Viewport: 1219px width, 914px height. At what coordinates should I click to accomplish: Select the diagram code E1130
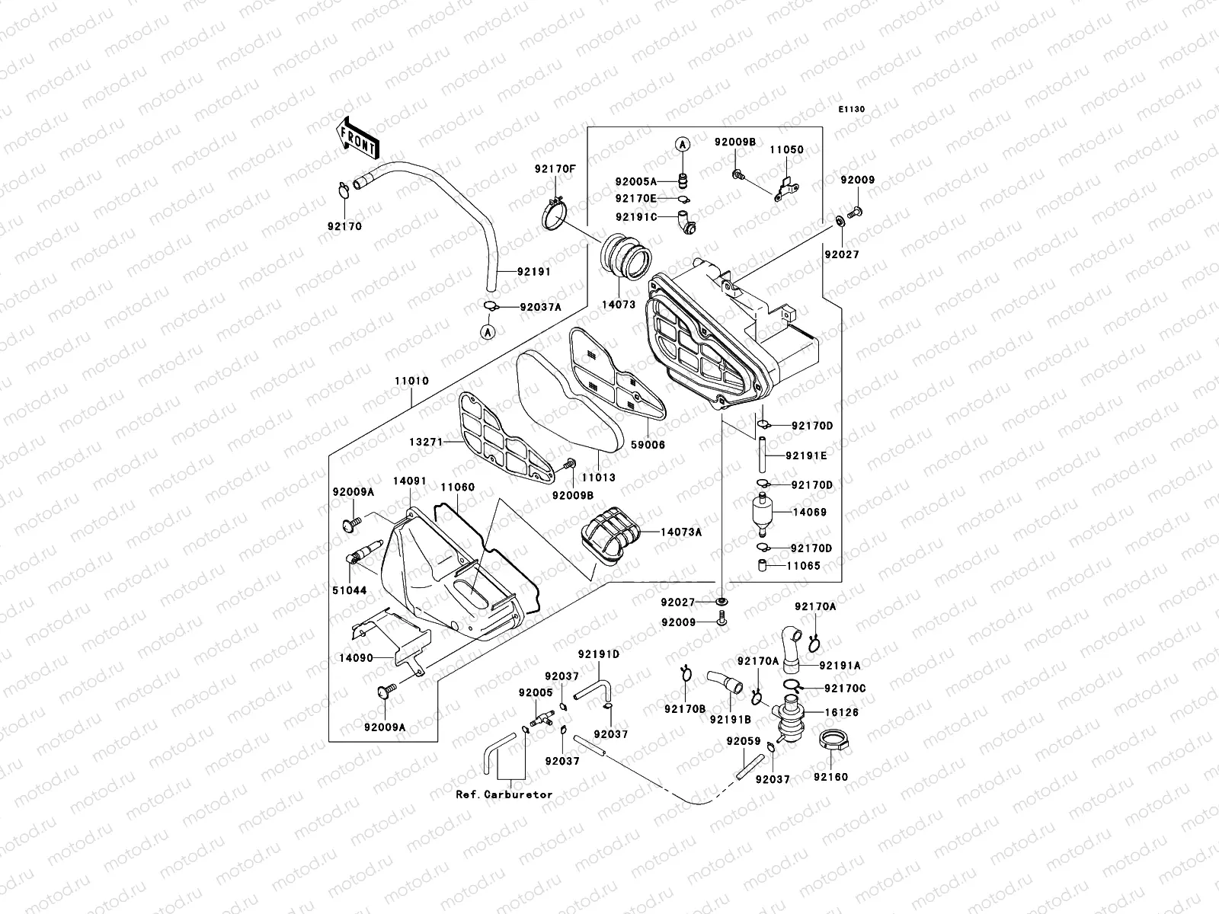(x=852, y=110)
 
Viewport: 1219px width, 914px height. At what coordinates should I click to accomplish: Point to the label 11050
(x=785, y=150)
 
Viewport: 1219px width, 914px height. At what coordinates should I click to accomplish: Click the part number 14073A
(x=681, y=532)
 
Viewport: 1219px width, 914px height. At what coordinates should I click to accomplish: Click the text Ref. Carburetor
(x=504, y=794)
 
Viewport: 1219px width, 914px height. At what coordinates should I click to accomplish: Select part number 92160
(x=830, y=778)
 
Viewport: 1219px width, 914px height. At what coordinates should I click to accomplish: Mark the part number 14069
(x=809, y=513)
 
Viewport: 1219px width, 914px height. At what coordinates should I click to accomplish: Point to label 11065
(x=803, y=566)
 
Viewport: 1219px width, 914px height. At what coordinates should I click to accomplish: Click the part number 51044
(x=347, y=590)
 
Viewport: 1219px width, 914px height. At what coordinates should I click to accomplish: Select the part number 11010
(x=411, y=381)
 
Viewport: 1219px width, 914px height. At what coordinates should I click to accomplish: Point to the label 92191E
(x=805, y=456)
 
